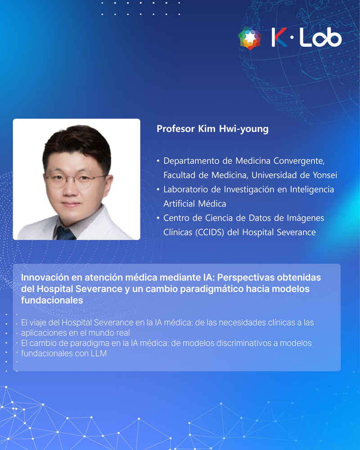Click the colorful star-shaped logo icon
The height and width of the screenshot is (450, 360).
(250, 38)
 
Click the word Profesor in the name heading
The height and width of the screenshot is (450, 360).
(175, 129)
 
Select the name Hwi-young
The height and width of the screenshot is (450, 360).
(244, 129)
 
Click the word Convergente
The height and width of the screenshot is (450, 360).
(299, 161)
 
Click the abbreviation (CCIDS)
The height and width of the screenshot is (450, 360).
(210, 232)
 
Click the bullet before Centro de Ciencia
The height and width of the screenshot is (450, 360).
(158, 218)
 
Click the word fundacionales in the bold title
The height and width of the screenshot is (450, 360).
(52, 300)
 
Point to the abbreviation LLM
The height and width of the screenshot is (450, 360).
(99, 353)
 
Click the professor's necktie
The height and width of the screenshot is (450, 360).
(65, 233)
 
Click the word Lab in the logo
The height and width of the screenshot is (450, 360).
(321, 37)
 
